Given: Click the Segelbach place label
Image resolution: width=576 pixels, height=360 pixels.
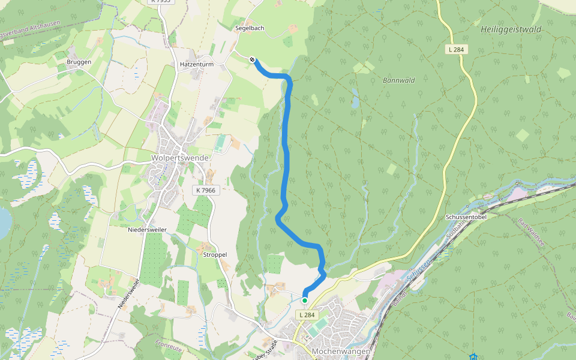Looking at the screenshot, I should tap(250, 28).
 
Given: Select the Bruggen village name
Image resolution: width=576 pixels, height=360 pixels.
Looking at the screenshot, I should tap(79, 62).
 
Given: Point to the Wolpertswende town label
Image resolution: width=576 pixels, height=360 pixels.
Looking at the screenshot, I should tap(180, 158).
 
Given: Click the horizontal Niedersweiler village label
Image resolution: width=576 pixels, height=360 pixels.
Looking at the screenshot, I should tap(148, 230).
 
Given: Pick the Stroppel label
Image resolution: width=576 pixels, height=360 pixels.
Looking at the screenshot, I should tap(215, 254).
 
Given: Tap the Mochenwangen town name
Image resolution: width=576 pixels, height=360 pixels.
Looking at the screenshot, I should tap(340, 351).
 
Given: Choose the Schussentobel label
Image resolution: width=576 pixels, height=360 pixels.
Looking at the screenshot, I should tap(466, 217).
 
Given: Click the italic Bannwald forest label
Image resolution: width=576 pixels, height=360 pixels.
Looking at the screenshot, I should tap(399, 80).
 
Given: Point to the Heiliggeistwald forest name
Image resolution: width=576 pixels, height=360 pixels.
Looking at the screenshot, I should tap(511, 29).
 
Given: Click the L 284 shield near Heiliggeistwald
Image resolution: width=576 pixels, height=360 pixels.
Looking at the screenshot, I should tap(457, 49).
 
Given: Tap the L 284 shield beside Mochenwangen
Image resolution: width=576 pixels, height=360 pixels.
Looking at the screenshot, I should tap(306, 314).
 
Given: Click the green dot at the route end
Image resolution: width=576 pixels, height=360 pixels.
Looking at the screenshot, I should tap(305, 301).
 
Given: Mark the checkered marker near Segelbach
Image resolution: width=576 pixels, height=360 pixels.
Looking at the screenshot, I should tap(253, 59).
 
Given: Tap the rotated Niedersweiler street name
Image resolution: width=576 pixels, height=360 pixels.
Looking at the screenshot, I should tap(128, 294).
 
